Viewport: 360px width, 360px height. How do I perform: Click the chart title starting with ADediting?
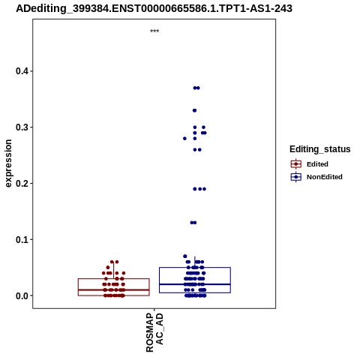coord(154,9)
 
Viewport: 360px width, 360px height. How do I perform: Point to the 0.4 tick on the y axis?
coord(31,71)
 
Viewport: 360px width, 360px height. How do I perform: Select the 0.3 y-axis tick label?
coord(22,127)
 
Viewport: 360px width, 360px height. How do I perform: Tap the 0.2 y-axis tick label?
coord(22,183)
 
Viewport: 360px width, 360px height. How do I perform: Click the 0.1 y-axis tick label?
coord(22,239)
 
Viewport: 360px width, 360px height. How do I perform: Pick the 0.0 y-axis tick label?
coord(22,295)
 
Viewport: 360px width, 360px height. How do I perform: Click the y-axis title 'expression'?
coord(8,163)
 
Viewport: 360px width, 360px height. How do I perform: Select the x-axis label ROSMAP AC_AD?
coord(154,332)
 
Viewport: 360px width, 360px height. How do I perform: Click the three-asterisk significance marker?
coord(154,31)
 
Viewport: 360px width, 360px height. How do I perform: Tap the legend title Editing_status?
coord(320,149)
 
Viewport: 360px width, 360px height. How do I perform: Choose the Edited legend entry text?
coord(317,164)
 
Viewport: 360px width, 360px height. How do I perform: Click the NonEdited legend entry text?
coord(325,177)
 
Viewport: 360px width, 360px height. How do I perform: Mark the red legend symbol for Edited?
coord(296,164)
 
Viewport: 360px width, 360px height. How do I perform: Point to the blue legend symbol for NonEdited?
coord(296,177)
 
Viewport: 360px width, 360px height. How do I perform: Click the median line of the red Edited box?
coord(114,290)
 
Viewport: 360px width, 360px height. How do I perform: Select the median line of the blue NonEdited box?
coord(195,284)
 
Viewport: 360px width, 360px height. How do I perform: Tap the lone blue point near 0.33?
coord(194,110)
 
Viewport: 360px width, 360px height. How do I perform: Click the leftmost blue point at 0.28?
coord(184,139)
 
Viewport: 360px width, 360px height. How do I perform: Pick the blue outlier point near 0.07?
coord(185,256)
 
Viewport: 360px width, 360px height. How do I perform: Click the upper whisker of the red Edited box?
coord(114,270)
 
